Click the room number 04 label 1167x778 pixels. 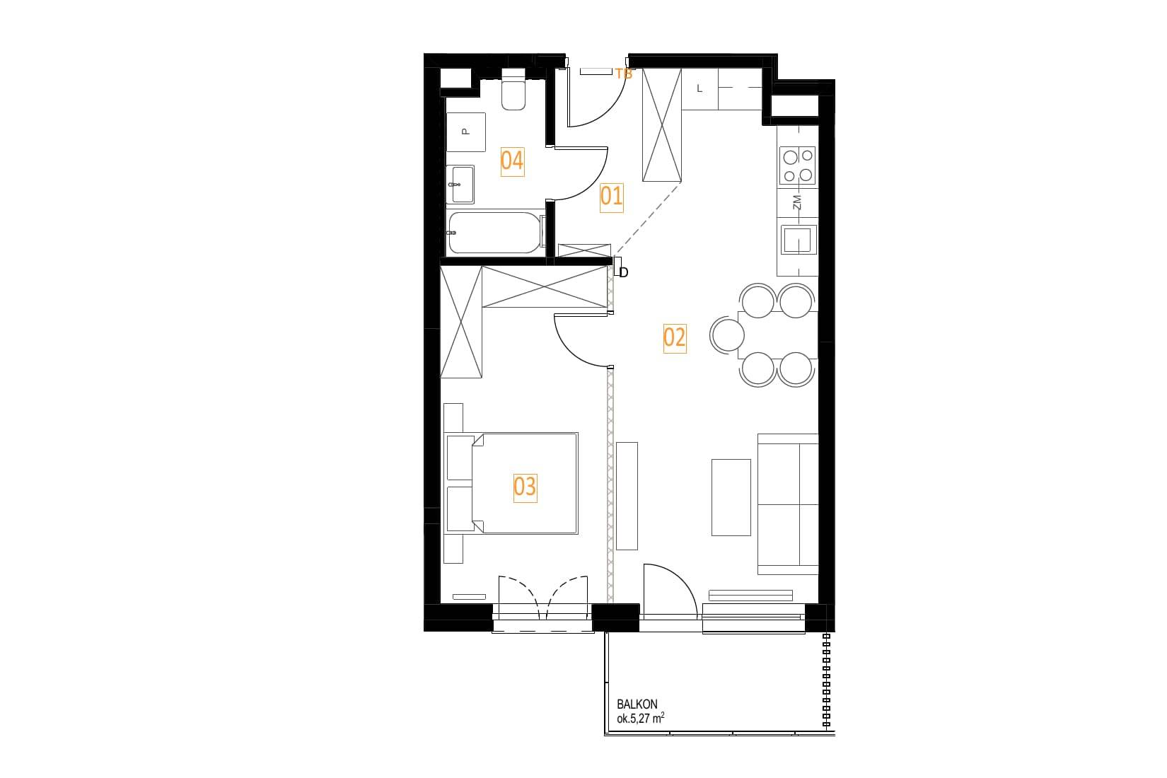pos(512,161)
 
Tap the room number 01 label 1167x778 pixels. pos(611,197)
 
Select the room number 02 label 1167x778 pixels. pos(675,338)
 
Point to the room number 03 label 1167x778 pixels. pos(525,487)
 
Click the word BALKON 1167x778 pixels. pos(637,704)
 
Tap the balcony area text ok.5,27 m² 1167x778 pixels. pos(640,719)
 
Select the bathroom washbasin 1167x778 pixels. pos(460,185)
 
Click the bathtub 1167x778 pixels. pos(496,233)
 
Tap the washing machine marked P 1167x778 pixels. pos(466,132)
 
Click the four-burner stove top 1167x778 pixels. pos(798,166)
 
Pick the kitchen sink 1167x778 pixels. pos(798,240)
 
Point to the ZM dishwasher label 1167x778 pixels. pos(796,203)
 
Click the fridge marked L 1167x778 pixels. pos(699,89)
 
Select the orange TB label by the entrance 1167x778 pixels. pos(624,74)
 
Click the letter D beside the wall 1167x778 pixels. pos(624,272)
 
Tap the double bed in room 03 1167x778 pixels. pos(511,483)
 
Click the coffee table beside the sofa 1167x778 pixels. pos(731,497)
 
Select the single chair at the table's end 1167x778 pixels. pos(727,335)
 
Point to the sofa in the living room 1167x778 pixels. pos(788,504)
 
